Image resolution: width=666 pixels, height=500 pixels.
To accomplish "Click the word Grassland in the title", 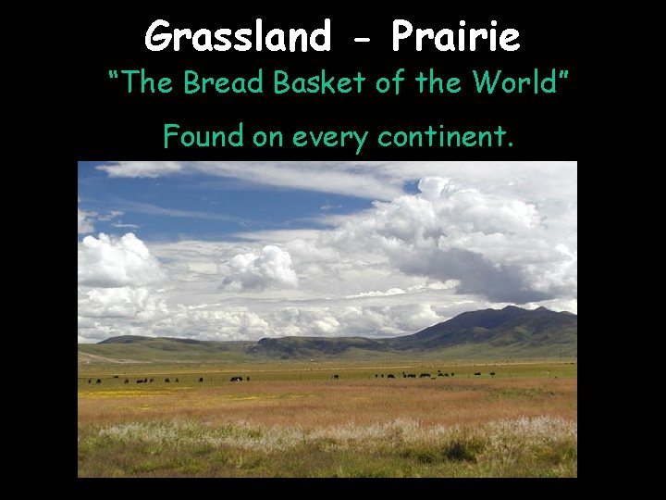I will click(x=237, y=38).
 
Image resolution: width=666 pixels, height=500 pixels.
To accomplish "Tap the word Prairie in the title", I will click(x=455, y=38).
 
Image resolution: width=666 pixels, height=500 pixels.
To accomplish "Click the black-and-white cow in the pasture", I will click(x=237, y=379).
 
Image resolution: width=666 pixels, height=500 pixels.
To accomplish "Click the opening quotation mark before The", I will click(x=114, y=74).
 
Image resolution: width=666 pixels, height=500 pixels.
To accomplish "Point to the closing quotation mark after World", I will click(x=560, y=74).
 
